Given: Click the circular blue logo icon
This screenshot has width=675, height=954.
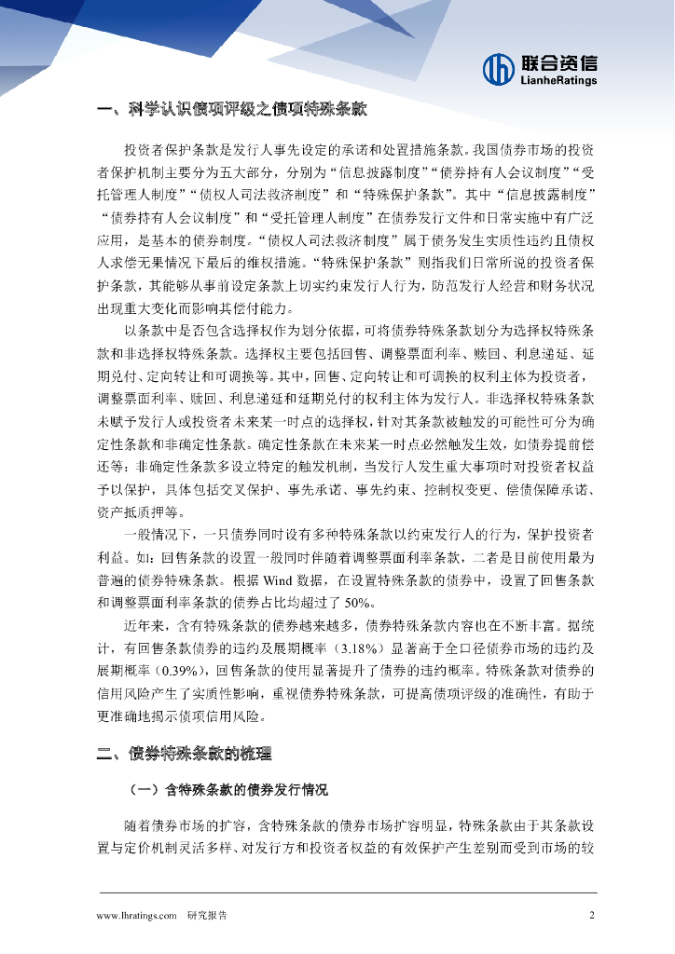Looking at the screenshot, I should coord(500,69).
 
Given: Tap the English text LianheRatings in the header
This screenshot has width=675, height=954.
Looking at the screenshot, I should coord(557,81).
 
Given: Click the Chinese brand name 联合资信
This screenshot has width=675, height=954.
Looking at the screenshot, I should coord(558,63).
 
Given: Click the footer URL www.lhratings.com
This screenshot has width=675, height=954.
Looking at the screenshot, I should coord(136,915).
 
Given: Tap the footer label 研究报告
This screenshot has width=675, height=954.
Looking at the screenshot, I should coord(207,915).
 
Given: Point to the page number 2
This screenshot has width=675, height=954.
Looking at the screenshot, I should coord(592,915).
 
